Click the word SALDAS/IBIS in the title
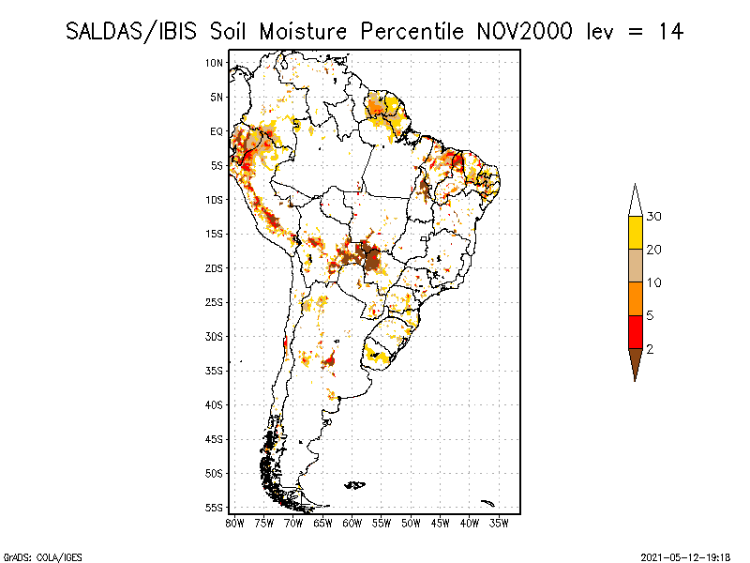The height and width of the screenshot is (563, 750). [131, 32]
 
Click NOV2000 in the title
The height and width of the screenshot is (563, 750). [524, 32]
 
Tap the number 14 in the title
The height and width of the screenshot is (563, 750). [671, 32]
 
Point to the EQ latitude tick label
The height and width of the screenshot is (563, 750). [217, 131]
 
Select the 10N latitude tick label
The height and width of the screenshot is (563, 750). [215, 63]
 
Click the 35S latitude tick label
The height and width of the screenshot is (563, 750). [215, 371]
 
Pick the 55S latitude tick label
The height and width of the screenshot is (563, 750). [215, 508]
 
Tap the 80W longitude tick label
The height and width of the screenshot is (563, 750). [234, 524]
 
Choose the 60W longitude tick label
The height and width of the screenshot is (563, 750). [352, 524]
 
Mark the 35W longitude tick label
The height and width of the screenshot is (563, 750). [499, 524]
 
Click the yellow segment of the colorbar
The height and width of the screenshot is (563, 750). [636, 233]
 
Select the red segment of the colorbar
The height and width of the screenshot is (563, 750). [636, 332]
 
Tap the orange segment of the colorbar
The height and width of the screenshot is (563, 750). [636, 298]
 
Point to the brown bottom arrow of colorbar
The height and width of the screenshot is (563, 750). [636, 362]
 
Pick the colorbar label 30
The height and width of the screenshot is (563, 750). [653, 217]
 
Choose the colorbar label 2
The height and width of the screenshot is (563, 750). [650, 349]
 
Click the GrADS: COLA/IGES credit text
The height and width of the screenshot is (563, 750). [43, 557]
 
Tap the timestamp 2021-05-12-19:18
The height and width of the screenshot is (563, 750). [685, 557]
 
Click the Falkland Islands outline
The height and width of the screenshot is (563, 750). [355, 485]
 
